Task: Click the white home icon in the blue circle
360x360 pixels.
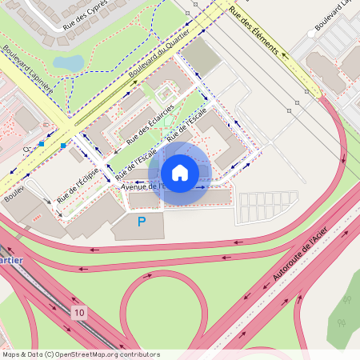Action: (180, 173)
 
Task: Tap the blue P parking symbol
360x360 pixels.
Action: (142, 222)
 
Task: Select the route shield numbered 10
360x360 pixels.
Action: (78, 311)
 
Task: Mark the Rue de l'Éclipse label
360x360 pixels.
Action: (78, 185)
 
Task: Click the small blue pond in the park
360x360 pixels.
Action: (68, 62)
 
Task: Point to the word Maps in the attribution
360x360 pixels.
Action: (11, 354)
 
